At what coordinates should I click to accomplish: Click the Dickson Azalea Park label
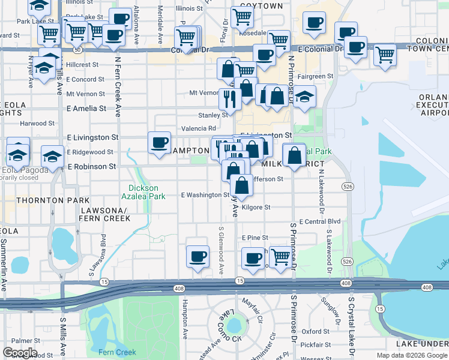tap(143, 192)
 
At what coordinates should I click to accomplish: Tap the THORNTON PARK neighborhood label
tap(46, 200)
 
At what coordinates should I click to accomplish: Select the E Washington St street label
tap(205, 195)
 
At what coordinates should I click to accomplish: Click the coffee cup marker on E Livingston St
tap(159, 143)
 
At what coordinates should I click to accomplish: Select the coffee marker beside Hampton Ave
tap(197, 257)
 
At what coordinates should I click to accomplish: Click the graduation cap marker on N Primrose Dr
tap(305, 98)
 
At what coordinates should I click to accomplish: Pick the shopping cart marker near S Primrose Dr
tap(280, 256)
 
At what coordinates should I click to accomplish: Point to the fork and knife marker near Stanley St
tap(229, 97)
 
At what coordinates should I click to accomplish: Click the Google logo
tap(19, 353)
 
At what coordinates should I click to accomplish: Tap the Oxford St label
tap(315, 331)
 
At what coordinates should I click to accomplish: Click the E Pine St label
tap(254, 238)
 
